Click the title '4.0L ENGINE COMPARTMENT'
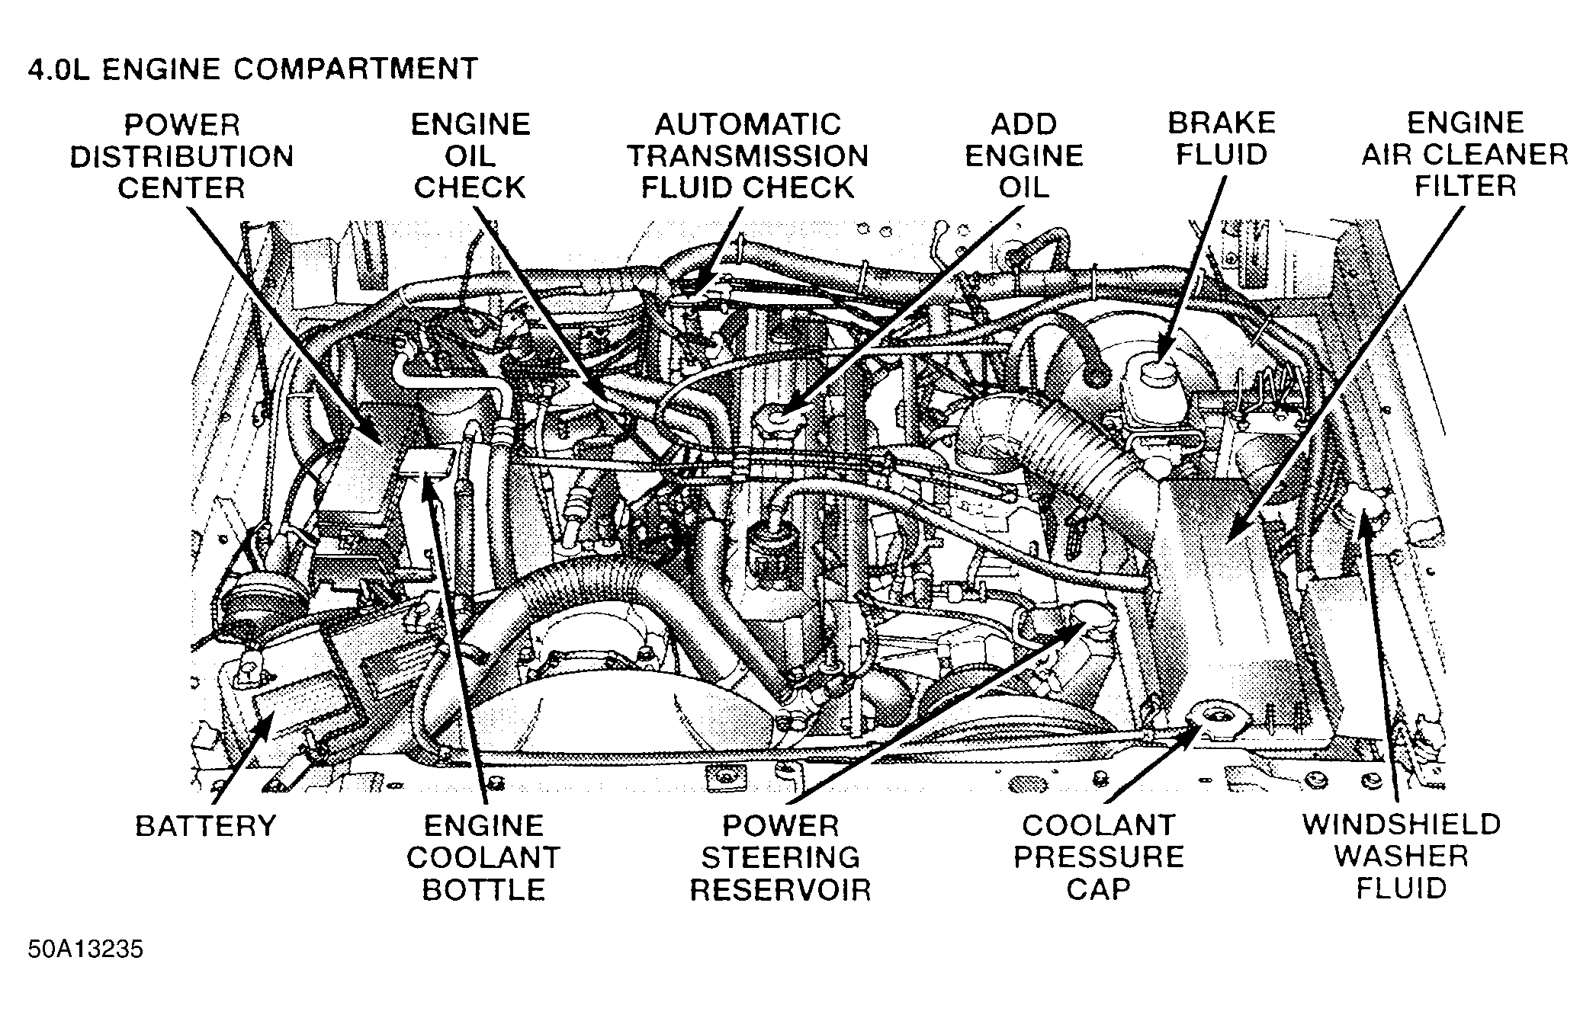[x=252, y=69]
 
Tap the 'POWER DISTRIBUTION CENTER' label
[x=181, y=156]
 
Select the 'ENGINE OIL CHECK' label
[x=470, y=156]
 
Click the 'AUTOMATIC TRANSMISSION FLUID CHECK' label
[x=747, y=156]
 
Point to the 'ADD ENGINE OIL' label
[x=1023, y=156]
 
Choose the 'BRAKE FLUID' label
[x=1222, y=139]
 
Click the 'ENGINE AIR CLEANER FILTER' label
[x=1465, y=155]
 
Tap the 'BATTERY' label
[x=205, y=826]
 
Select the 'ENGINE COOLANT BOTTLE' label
[x=483, y=857]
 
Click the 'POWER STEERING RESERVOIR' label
[x=780, y=857]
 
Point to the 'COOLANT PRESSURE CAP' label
[x=1098, y=857]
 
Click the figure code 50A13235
[x=85, y=950]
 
